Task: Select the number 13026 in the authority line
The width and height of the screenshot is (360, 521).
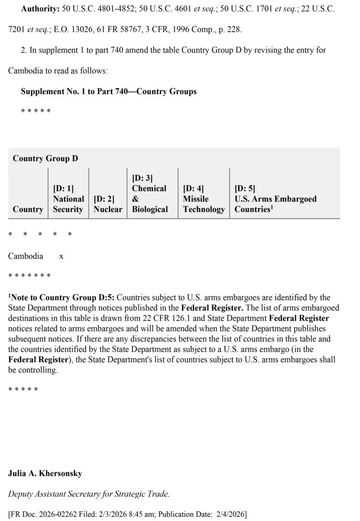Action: tap(75, 30)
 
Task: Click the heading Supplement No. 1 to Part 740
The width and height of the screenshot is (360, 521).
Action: tap(108, 92)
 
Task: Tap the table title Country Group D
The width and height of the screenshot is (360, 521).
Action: tap(45, 158)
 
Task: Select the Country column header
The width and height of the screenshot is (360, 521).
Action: tap(28, 209)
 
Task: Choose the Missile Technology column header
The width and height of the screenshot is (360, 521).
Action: tap(204, 204)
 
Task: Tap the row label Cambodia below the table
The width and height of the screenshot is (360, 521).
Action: tap(25, 256)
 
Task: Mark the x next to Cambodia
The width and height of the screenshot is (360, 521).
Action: tap(61, 256)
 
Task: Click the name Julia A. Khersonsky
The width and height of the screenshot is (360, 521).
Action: tap(45, 473)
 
